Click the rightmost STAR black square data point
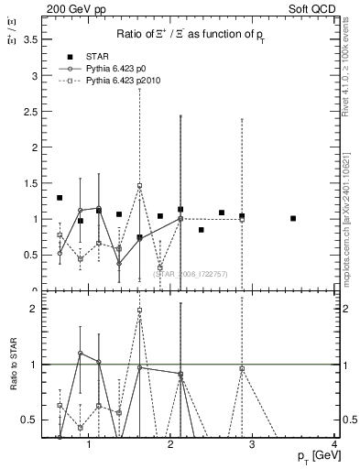[x=293, y=218]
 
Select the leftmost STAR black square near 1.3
[x=60, y=198]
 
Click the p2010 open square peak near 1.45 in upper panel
[x=140, y=186]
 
